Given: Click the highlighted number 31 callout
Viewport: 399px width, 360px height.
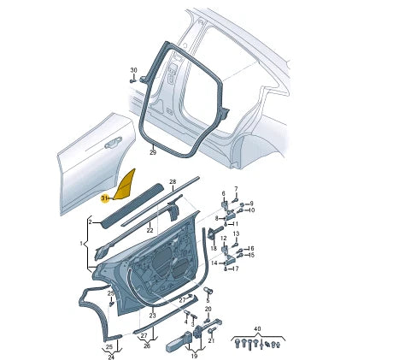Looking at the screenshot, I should (104, 198).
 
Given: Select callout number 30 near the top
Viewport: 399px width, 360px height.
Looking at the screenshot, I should (133, 69).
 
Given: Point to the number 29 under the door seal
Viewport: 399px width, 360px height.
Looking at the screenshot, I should (152, 152).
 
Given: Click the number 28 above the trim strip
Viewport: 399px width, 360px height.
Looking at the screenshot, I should (172, 183).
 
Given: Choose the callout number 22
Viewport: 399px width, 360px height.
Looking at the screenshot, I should (150, 229).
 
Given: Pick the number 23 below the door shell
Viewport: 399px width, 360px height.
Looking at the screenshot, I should (153, 316).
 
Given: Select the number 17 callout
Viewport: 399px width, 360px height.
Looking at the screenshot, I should (236, 269).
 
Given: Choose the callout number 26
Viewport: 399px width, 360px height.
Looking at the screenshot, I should (145, 346).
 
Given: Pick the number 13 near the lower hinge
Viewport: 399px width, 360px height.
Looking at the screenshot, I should (237, 233).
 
